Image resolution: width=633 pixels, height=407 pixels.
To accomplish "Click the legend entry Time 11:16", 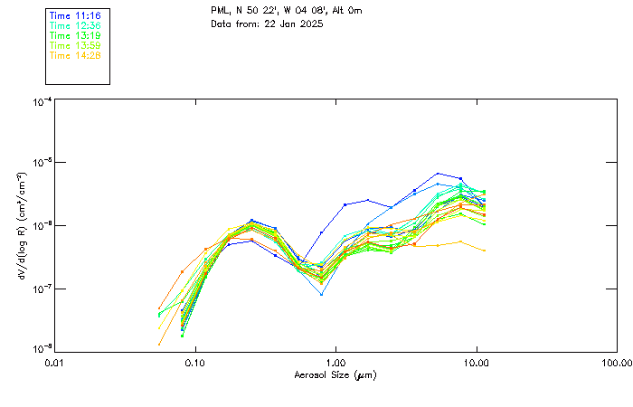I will coord(74,16).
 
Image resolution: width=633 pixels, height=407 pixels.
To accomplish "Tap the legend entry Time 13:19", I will coord(74,36).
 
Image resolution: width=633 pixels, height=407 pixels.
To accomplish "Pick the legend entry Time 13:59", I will coord(74,46).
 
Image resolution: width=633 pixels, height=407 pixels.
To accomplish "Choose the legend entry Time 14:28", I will coord(74,56).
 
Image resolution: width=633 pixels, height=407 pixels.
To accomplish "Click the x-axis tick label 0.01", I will coord(54,364).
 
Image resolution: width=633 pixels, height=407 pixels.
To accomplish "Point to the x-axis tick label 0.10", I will coord(194,364).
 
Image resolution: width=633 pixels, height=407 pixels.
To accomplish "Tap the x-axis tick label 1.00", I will coord(335,364).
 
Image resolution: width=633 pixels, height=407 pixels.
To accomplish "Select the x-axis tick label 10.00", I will coord(477,364).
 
